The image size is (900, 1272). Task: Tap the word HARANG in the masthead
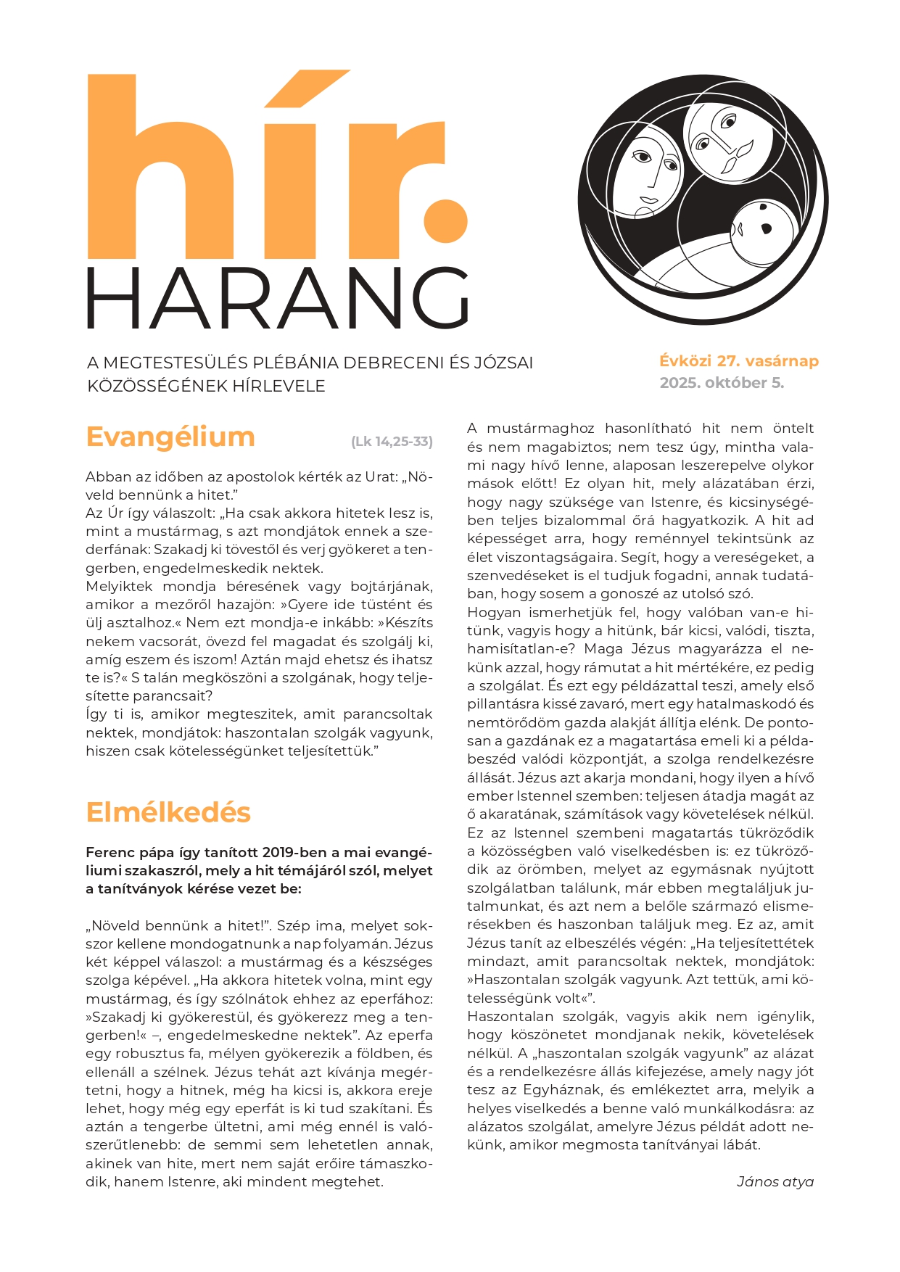point(278,298)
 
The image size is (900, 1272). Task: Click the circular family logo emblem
point(703,199)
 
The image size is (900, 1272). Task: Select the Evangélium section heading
point(170,437)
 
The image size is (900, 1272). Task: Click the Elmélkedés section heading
point(168,812)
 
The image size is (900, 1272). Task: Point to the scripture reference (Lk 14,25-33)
point(392,442)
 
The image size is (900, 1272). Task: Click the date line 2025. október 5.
point(722,383)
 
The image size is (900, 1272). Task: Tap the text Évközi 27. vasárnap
point(739,361)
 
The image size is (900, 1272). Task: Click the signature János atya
point(775,1182)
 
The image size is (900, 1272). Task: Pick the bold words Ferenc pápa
point(126,852)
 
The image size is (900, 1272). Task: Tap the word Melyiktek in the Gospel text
point(119,586)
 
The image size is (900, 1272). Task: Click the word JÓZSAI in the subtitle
point(505,363)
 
